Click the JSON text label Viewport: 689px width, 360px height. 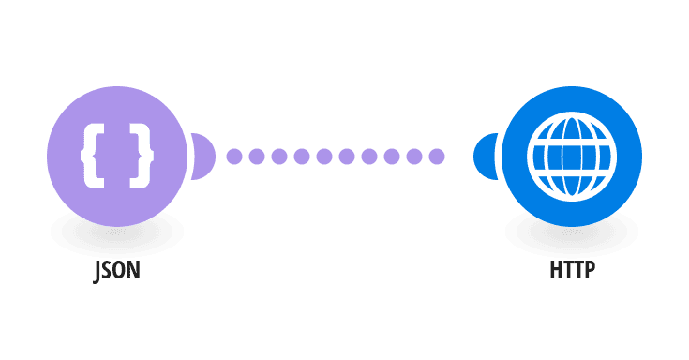[117, 271]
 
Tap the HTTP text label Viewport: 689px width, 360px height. [572, 270]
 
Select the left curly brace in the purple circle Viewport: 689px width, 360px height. [92, 156]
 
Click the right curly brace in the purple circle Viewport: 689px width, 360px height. [142, 156]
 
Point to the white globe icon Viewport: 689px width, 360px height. [572, 157]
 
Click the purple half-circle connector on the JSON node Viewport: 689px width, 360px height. [203, 156]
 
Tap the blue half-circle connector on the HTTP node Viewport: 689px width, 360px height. [486, 157]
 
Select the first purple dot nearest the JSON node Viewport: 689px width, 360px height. [234, 156]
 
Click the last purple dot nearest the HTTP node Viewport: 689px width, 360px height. [437, 156]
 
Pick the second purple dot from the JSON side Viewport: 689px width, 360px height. [257, 156]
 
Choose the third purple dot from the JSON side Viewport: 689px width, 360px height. [279, 156]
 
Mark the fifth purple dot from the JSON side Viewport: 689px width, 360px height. [324, 156]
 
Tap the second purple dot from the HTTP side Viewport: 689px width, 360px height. [414, 156]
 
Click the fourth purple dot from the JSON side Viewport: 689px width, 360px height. [302, 156]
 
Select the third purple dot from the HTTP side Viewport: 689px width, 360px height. [392, 156]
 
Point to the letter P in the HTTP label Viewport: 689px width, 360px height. [591, 270]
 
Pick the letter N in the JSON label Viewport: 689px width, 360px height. [134, 270]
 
